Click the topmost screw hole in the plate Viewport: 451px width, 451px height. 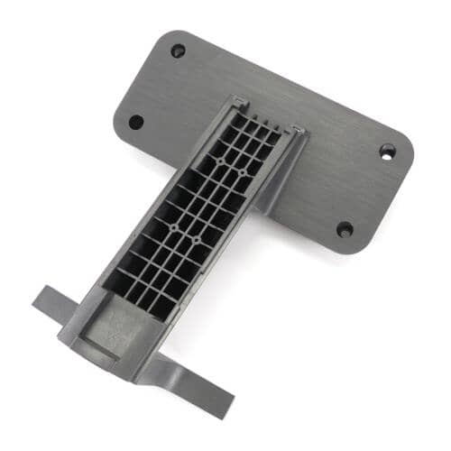click(x=178, y=51)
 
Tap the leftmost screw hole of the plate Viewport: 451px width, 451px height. click(x=136, y=121)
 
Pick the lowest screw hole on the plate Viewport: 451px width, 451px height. click(x=345, y=229)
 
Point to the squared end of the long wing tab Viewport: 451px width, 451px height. click(x=222, y=405)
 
